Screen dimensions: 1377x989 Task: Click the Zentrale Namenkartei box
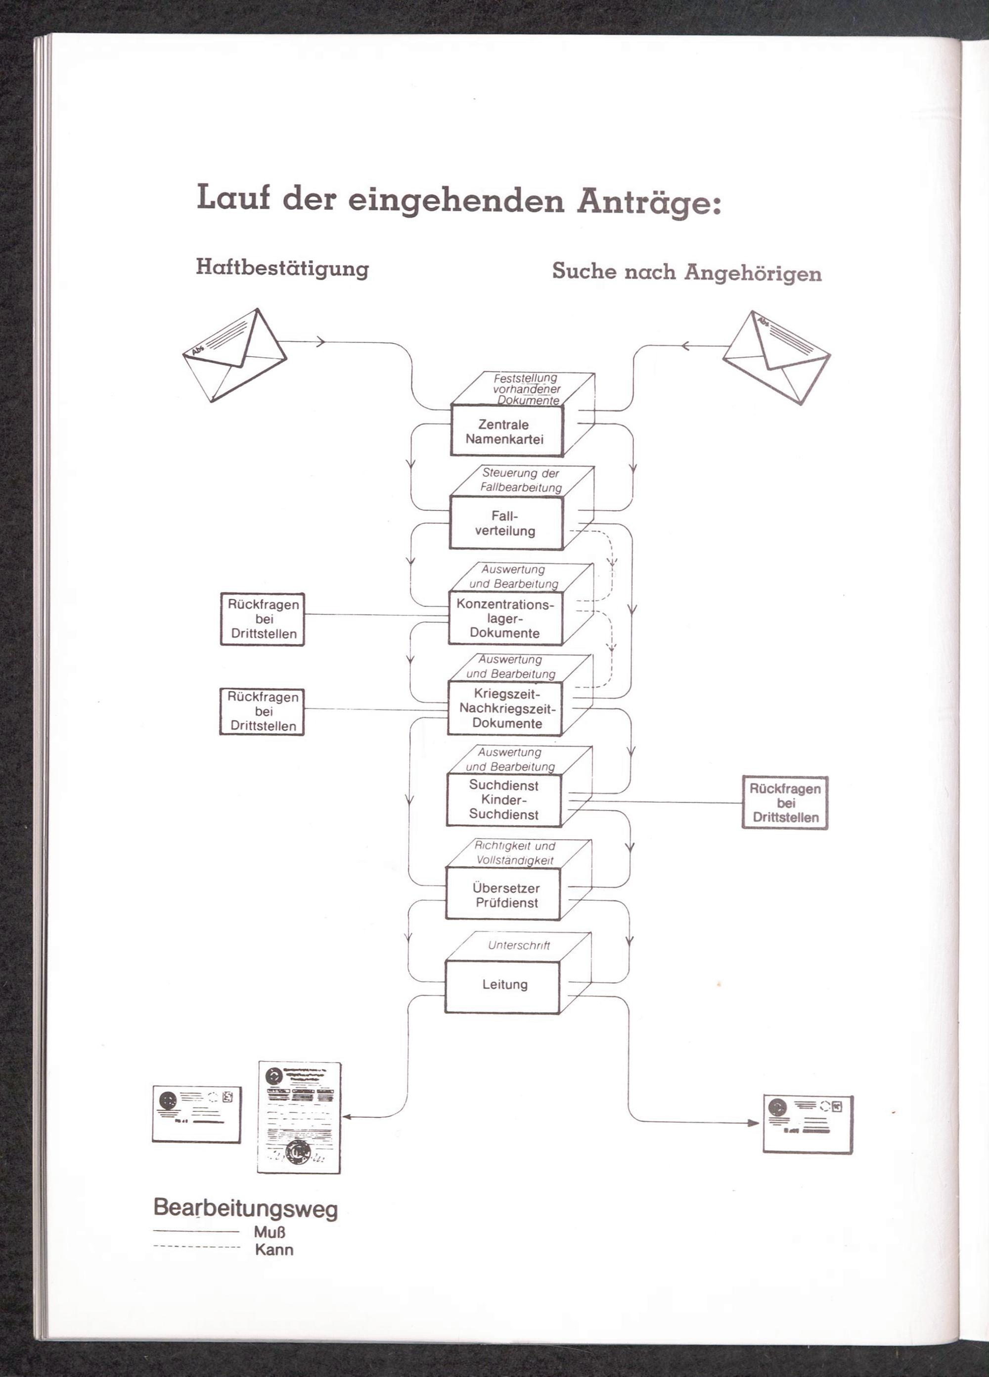[x=506, y=431]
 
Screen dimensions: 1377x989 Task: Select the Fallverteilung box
[x=505, y=523]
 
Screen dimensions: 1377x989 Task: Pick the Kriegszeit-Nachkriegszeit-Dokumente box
[x=505, y=708]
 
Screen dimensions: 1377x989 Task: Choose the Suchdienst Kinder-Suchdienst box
[x=503, y=800]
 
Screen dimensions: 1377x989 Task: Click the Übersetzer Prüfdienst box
[x=503, y=895]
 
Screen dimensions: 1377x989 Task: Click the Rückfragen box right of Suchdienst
[x=785, y=803]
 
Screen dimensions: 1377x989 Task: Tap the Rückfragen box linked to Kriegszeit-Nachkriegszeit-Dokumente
[x=262, y=711]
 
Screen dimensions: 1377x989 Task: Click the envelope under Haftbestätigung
[x=235, y=355]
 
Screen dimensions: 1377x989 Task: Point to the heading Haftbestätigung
[x=282, y=268]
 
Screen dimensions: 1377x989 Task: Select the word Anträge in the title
[x=648, y=201]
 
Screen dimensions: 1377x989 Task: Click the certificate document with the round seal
[x=299, y=1117]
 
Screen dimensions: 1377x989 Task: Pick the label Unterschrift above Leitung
[x=519, y=946]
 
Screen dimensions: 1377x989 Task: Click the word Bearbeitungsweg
[x=245, y=1208]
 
